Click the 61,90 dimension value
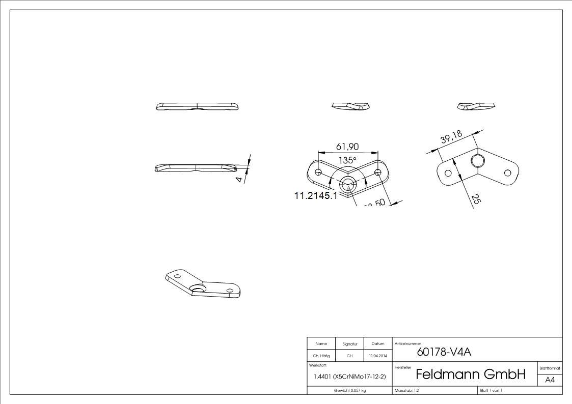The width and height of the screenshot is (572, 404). click(347, 147)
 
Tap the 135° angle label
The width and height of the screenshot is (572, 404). click(348, 160)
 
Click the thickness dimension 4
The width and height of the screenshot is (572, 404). click(239, 179)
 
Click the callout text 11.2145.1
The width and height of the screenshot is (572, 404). click(316, 195)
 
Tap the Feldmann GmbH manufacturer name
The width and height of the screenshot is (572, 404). click(470, 375)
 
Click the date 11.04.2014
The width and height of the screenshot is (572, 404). click(378, 356)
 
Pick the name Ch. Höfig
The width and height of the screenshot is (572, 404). click(321, 356)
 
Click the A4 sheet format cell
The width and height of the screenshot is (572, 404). click(550, 380)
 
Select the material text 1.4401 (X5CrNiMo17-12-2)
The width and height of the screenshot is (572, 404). click(350, 377)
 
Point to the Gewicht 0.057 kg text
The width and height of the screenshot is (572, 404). click(349, 390)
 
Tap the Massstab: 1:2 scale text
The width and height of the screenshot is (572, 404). click(407, 390)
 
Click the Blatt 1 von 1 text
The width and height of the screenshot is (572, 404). click(491, 390)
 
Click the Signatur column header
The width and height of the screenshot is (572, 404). click(349, 344)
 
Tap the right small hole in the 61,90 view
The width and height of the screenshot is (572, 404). click(377, 172)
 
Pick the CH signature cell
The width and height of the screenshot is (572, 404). click(349, 356)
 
